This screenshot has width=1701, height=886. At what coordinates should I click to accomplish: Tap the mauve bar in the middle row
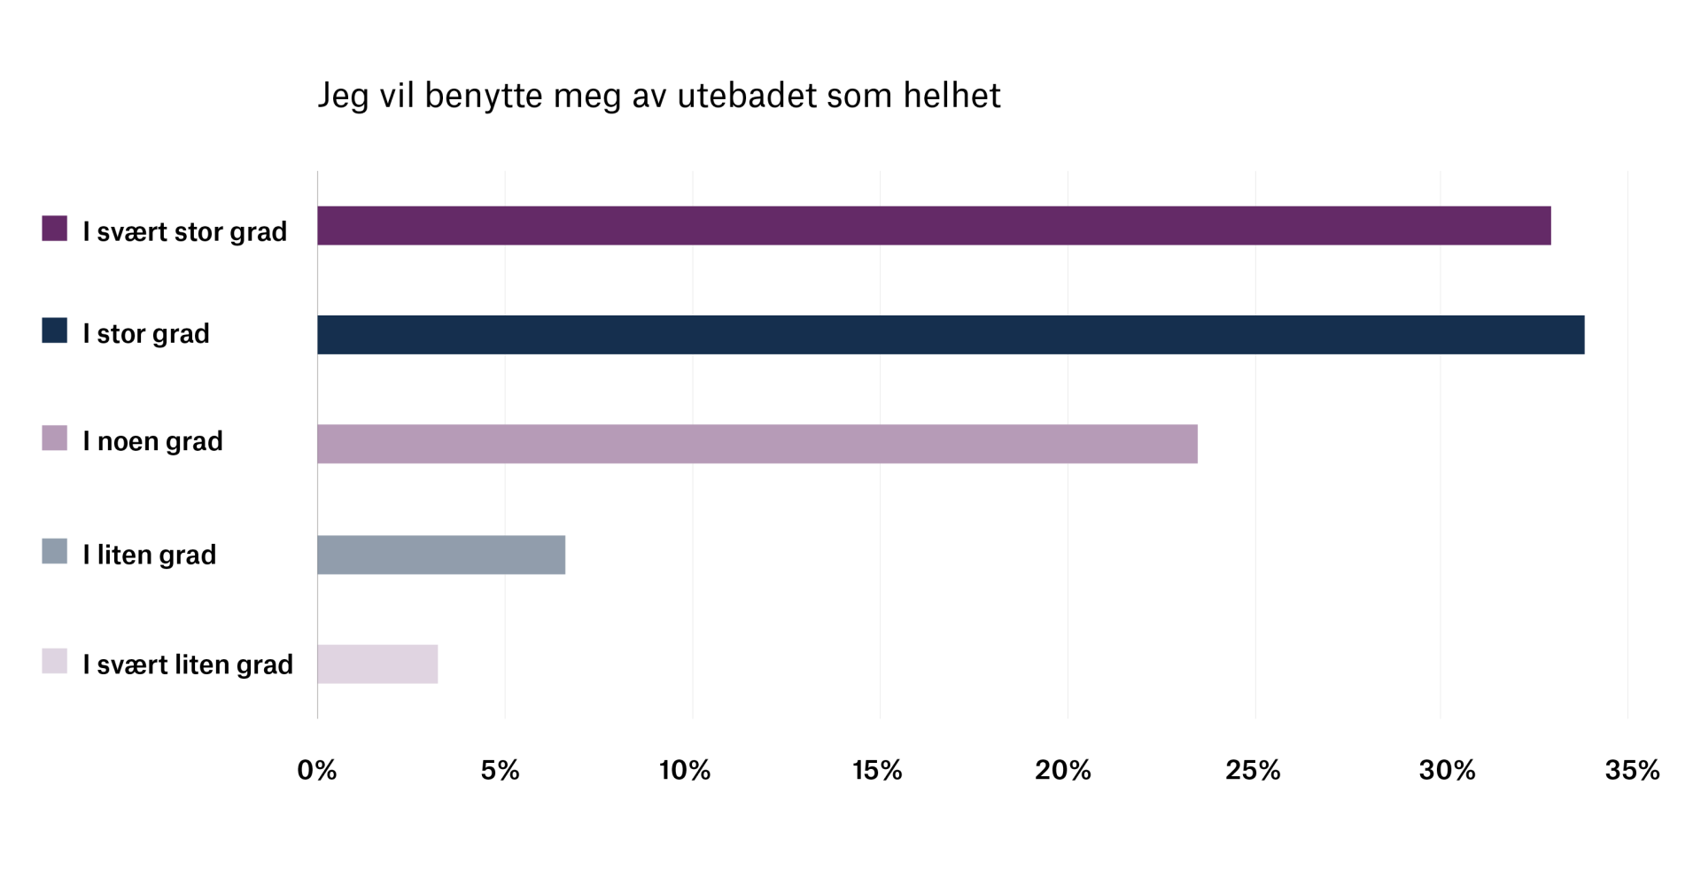[x=757, y=444]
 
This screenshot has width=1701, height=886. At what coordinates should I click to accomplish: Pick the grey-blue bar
[x=441, y=555]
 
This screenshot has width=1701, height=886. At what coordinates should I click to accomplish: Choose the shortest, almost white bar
[x=377, y=664]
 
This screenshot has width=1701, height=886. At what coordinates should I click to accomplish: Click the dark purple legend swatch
[x=55, y=229]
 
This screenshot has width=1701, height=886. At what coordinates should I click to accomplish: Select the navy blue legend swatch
[x=55, y=330]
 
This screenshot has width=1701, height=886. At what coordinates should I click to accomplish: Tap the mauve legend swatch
[x=55, y=438]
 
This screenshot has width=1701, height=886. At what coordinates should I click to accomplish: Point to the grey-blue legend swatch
[x=55, y=551]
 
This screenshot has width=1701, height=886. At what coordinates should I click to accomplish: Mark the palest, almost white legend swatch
[x=55, y=661]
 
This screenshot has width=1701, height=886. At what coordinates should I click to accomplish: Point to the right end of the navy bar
[x=1583, y=334]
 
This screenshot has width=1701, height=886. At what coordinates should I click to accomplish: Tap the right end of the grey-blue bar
[x=564, y=555]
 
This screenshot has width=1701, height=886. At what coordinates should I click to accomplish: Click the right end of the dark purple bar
[x=1550, y=225]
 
